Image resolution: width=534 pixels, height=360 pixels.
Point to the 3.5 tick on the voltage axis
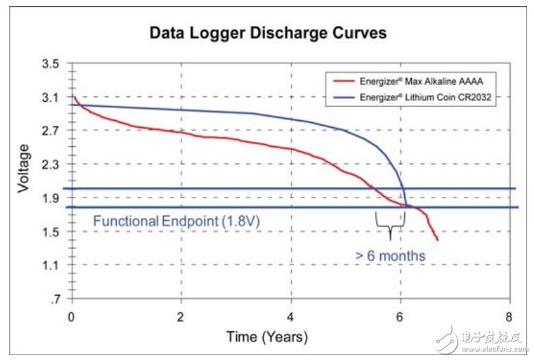(51, 64)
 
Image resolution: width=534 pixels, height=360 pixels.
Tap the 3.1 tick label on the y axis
(51, 98)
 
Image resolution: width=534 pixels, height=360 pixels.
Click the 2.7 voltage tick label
(51, 131)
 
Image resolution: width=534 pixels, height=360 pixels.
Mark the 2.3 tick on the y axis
(51, 165)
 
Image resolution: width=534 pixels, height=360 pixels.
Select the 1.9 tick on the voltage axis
(51, 199)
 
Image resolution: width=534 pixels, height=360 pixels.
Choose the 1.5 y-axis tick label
(51, 232)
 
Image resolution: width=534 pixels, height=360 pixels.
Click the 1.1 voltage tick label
(51, 266)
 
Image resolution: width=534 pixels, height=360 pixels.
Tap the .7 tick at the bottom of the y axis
(54, 299)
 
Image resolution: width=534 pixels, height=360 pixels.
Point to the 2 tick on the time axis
(181, 317)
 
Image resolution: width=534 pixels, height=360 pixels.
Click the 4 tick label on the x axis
(291, 317)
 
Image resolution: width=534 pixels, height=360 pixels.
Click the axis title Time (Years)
(266, 337)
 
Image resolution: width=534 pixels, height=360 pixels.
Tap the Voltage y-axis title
(24, 168)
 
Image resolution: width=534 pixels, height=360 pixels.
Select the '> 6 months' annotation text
(390, 256)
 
